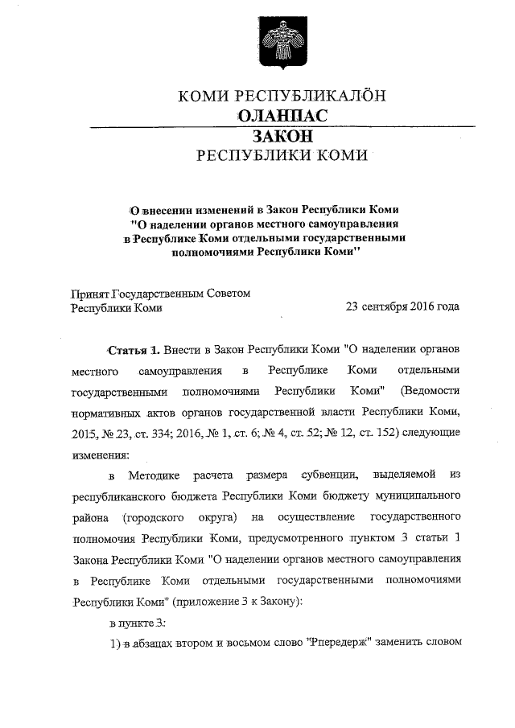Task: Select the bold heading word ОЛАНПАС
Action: [282, 117]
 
